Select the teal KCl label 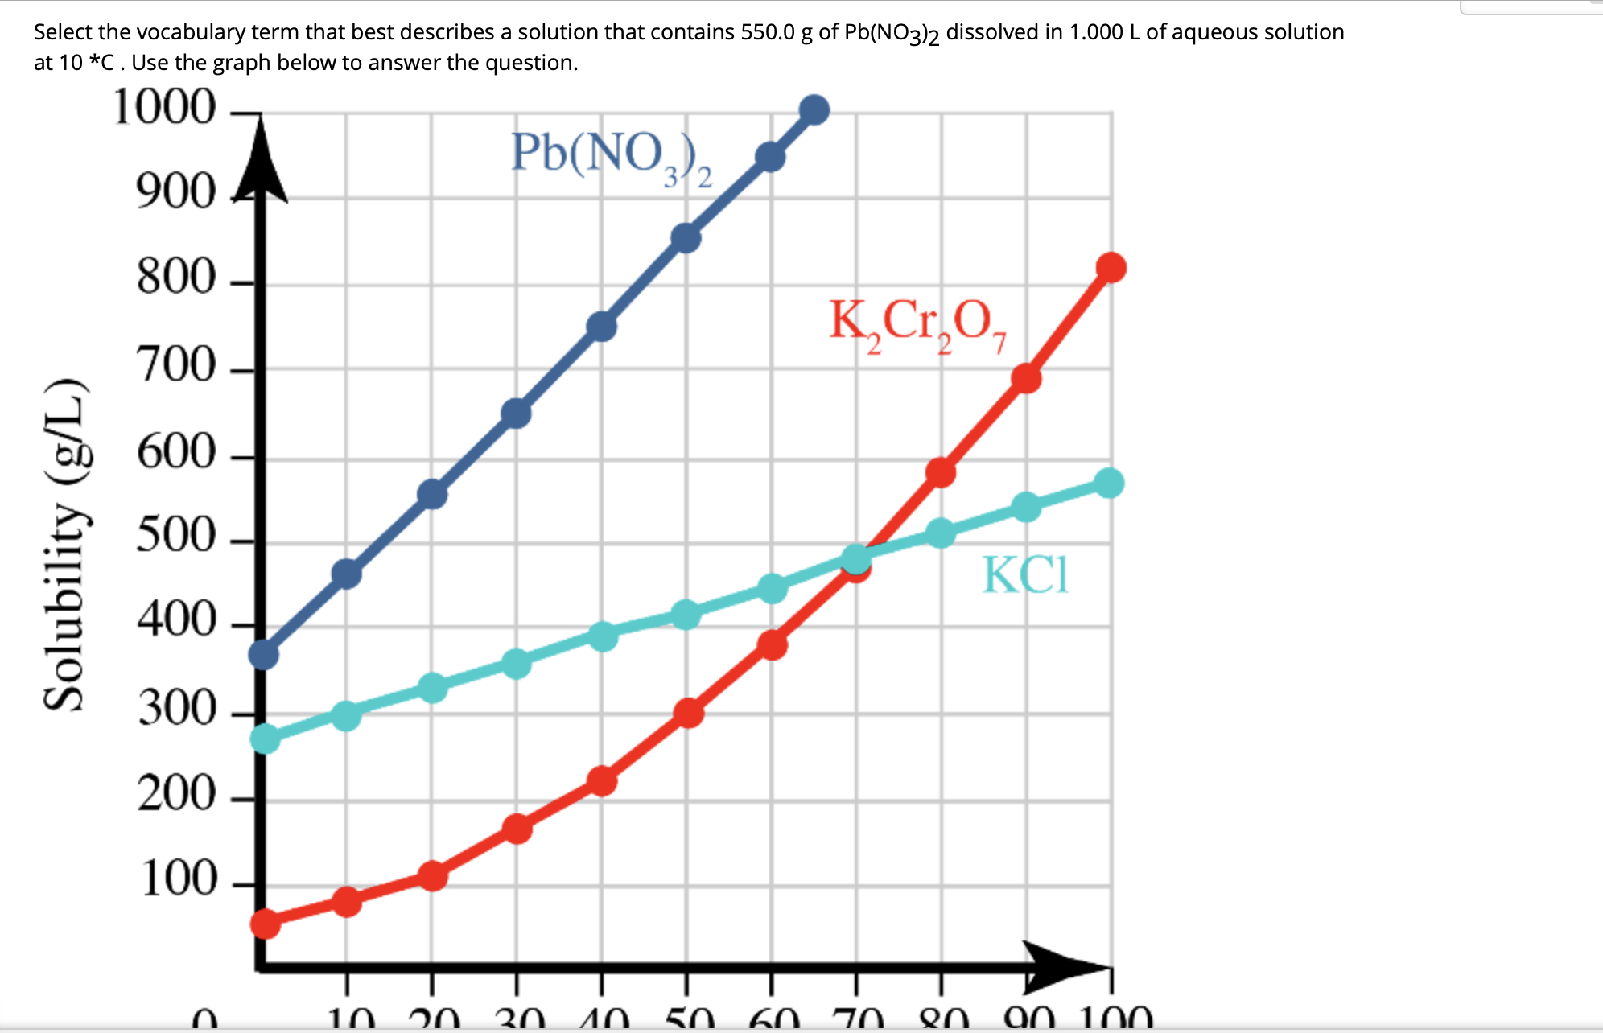pos(1025,574)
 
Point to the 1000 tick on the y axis pos(165,108)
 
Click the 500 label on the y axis pos(176,535)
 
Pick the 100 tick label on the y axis pos(178,879)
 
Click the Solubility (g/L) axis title pos(64,545)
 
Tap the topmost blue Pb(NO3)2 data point pos(814,110)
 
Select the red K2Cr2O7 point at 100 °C pos(1111,267)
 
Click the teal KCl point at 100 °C pos(1109,483)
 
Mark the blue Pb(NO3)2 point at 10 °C pos(346,574)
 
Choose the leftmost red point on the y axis pos(265,924)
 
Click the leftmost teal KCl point pos(265,738)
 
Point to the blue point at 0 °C pos(264,655)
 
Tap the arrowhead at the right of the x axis pos(1062,965)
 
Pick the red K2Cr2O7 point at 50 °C pos(688,713)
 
